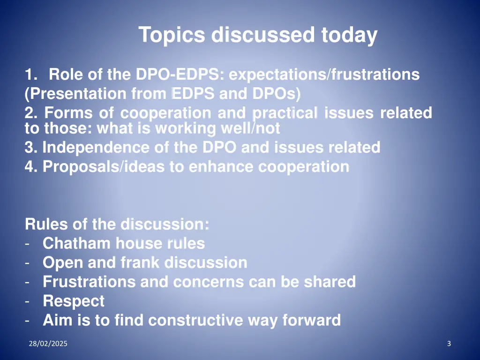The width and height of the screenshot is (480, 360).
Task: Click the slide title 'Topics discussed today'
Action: pyautogui.click(x=258, y=35)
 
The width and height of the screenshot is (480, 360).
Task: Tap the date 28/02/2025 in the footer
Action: pyautogui.click(x=47, y=344)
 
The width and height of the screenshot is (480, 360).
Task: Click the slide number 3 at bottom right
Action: pyautogui.click(x=449, y=344)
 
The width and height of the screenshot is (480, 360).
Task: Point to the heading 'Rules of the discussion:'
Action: pyautogui.click(x=117, y=225)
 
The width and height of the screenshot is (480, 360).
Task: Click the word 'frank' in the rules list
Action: pyautogui.click(x=141, y=263)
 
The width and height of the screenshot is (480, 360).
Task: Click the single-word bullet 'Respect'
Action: pyautogui.click(x=74, y=301)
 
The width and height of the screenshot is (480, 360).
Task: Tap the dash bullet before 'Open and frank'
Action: pyautogui.click(x=28, y=263)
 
